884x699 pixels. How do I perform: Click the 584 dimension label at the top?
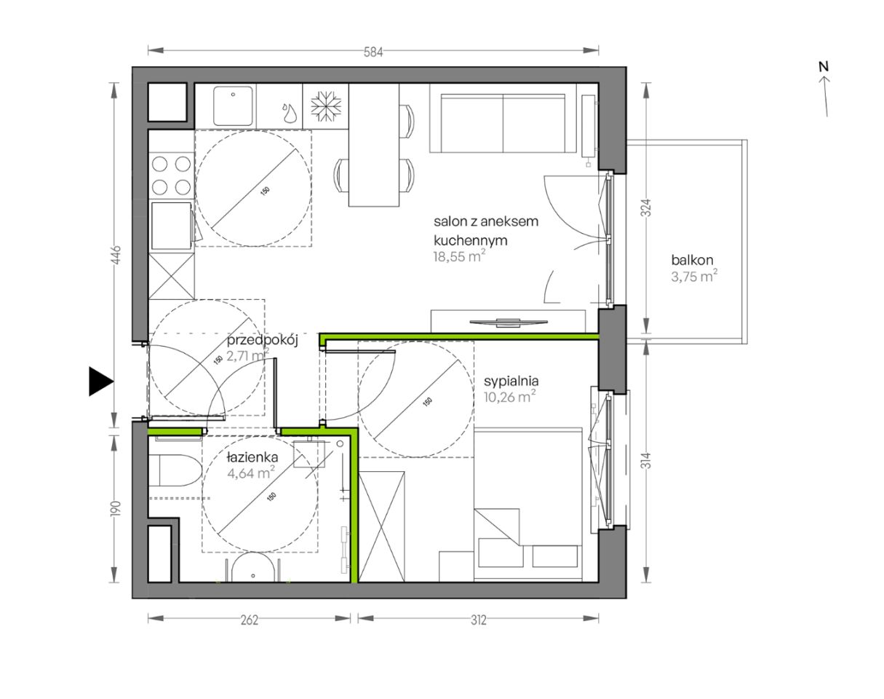(373, 52)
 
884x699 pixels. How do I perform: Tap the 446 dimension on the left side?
(116, 255)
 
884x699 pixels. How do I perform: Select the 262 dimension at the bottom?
(250, 620)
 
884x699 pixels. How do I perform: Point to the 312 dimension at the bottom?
(479, 620)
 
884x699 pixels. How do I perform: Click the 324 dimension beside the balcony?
(646, 208)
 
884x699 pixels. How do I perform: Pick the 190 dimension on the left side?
(116, 509)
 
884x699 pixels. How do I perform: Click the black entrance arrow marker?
(101, 382)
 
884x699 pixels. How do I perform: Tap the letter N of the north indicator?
(823, 66)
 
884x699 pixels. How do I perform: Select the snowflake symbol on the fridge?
(326, 106)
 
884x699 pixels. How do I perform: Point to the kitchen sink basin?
(233, 106)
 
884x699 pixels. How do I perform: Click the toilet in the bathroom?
(174, 470)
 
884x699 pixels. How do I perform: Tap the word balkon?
(692, 260)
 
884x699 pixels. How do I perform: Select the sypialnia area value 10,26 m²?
(509, 397)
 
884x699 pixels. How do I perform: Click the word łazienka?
(252, 457)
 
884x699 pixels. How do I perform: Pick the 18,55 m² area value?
(459, 256)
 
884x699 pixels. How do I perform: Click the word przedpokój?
(262, 341)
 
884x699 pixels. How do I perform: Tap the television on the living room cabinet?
(509, 323)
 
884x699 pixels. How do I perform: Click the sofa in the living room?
(503, 119)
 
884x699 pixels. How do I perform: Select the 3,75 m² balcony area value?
(694, 276)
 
